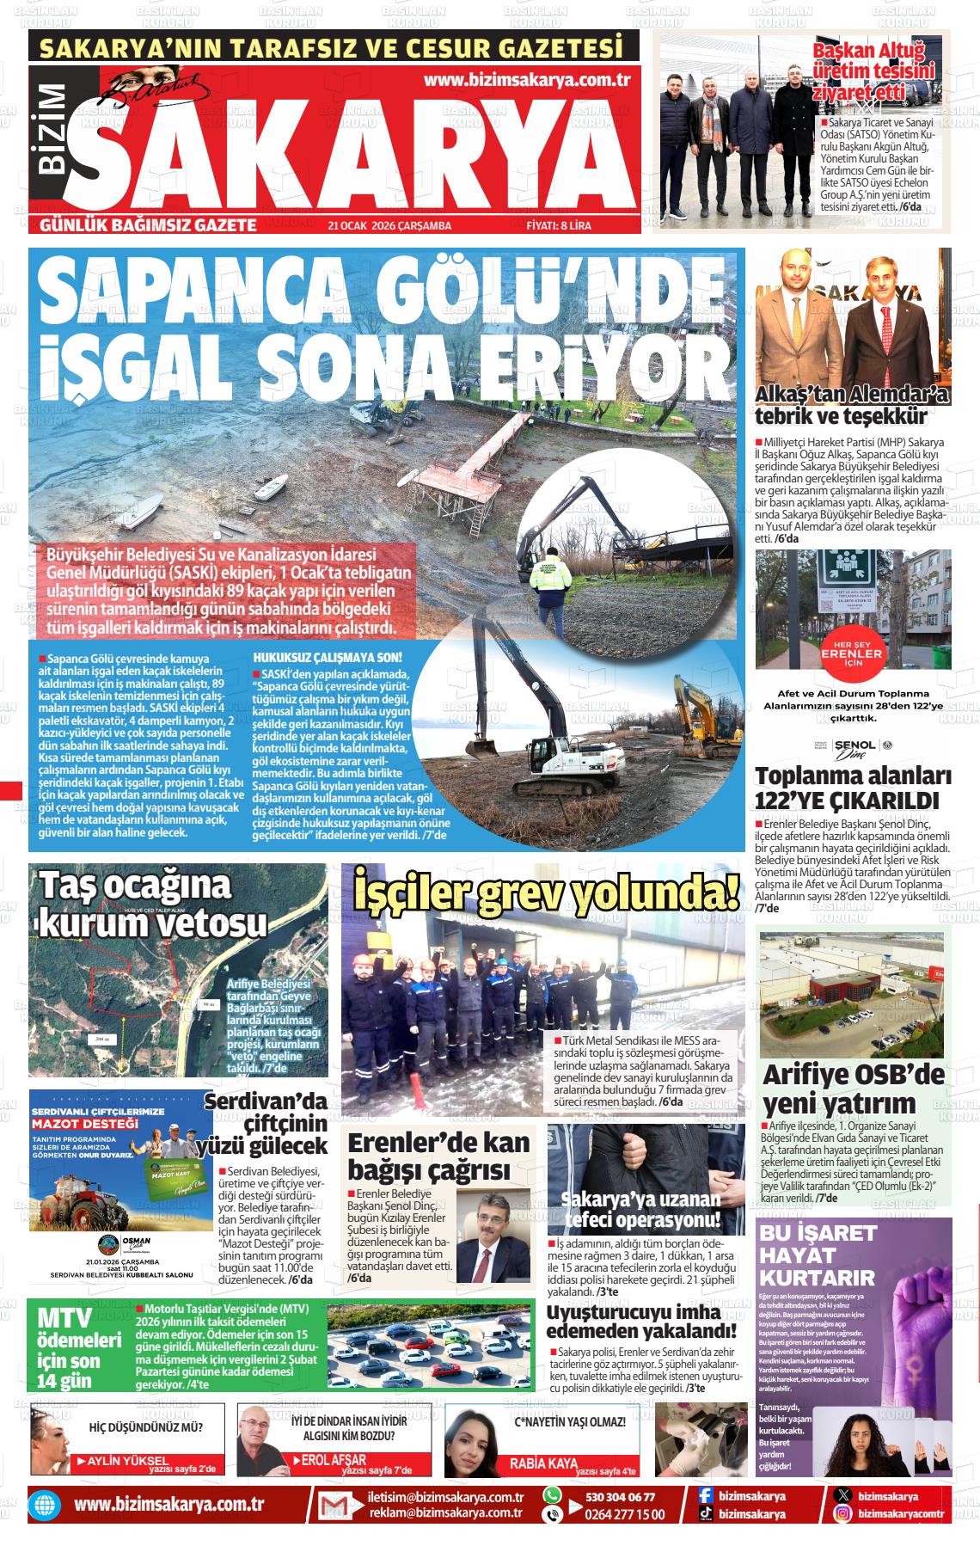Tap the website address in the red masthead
tap(528, 80)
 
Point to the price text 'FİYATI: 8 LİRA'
tap(558, 225)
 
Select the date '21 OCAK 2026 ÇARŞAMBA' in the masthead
tap(389, 225)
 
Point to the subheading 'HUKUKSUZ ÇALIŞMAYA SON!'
tap(328, 657)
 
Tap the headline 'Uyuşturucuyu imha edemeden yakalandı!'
tap(634, 1322)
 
